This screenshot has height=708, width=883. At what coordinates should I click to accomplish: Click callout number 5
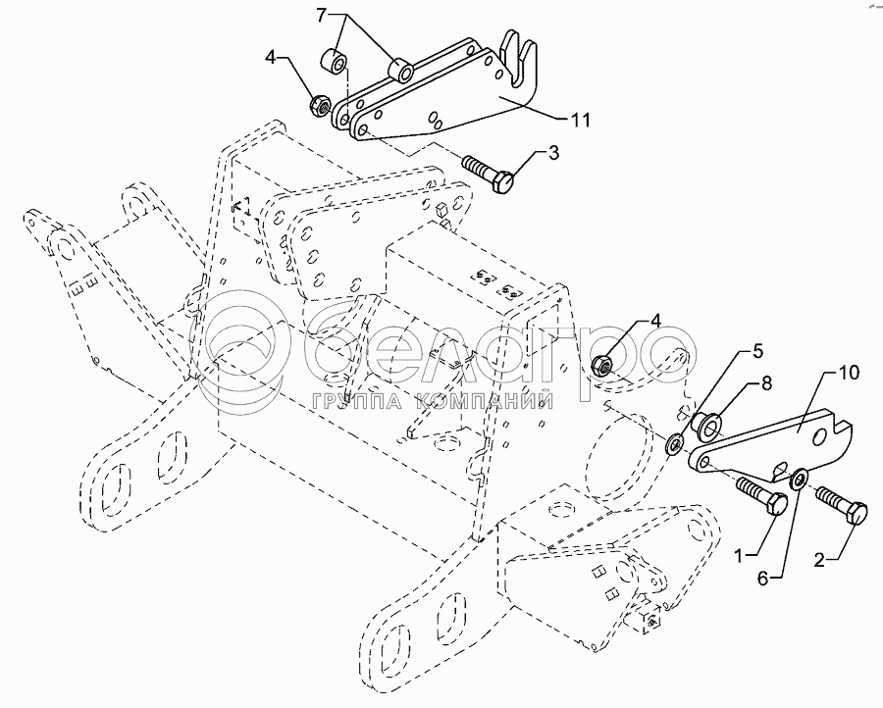pyautogui.click(x=757, y=349)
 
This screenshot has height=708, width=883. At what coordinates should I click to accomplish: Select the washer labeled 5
pyautogui.click(x=675, y=444)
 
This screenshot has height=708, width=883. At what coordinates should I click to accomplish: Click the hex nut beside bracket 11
pyautogui.click(x=319, y=103)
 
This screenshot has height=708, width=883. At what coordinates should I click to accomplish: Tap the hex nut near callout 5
pyautogui.click(x=604, y=366)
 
